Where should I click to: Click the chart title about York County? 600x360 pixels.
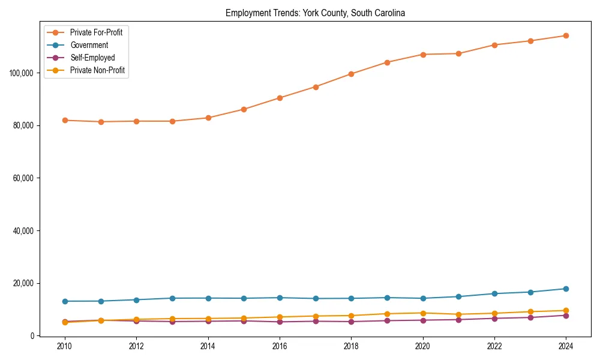pyautogui.click(x=315, y=13)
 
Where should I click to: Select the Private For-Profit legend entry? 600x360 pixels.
pyautogui.click(x=96, y=32)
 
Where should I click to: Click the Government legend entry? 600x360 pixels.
pyautogui.click(x=89, y=45)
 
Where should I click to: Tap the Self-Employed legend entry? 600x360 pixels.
pyautogui.click(x=92, y=58)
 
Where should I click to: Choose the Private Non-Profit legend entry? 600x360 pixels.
pyautogui.click(x=97, y=70)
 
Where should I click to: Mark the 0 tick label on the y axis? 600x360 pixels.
pyautogui.click(x=32, y=336)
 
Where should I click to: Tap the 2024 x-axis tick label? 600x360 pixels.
pyautogui.click(x=565, y=346)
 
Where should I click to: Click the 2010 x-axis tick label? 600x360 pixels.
pyautogui.click(x=65, y=346)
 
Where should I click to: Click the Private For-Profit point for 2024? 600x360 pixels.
pyautogui.click(x=565, y=35)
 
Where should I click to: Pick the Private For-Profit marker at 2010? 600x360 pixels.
pyautogui.click(x=65, y=120)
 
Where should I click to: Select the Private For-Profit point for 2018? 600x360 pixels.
pyautogui.click(x=351, y=74)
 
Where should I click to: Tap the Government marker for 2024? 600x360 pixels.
pyautogui.click(x=565, y=289)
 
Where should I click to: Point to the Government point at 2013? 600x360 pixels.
pyautogui.click(x=172, y=298)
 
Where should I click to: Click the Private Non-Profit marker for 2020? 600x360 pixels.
pyautogui.click(x=422, y=313)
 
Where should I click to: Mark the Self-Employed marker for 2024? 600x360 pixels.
pyautogui.click(x=565, y=316)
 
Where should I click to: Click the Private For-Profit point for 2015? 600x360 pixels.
pyautogui.click(x=244, y=109)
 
